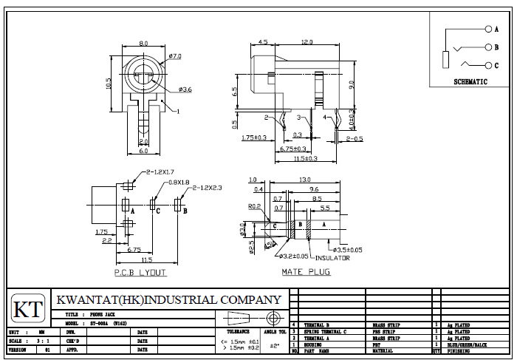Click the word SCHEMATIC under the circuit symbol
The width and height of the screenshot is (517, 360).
tap(470, 82)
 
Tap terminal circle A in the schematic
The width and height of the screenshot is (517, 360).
tap(487, 29)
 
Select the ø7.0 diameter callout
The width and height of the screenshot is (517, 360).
tap(175, 57)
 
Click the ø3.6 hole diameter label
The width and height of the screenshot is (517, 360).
tap(184, 89)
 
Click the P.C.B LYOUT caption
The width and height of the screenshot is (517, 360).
tap(140, 273)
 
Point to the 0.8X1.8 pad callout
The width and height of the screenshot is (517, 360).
tap(179, 182)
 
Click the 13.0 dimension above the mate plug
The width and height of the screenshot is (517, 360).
tap(305, 180)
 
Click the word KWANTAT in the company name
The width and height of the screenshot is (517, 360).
tap(87, 300)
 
